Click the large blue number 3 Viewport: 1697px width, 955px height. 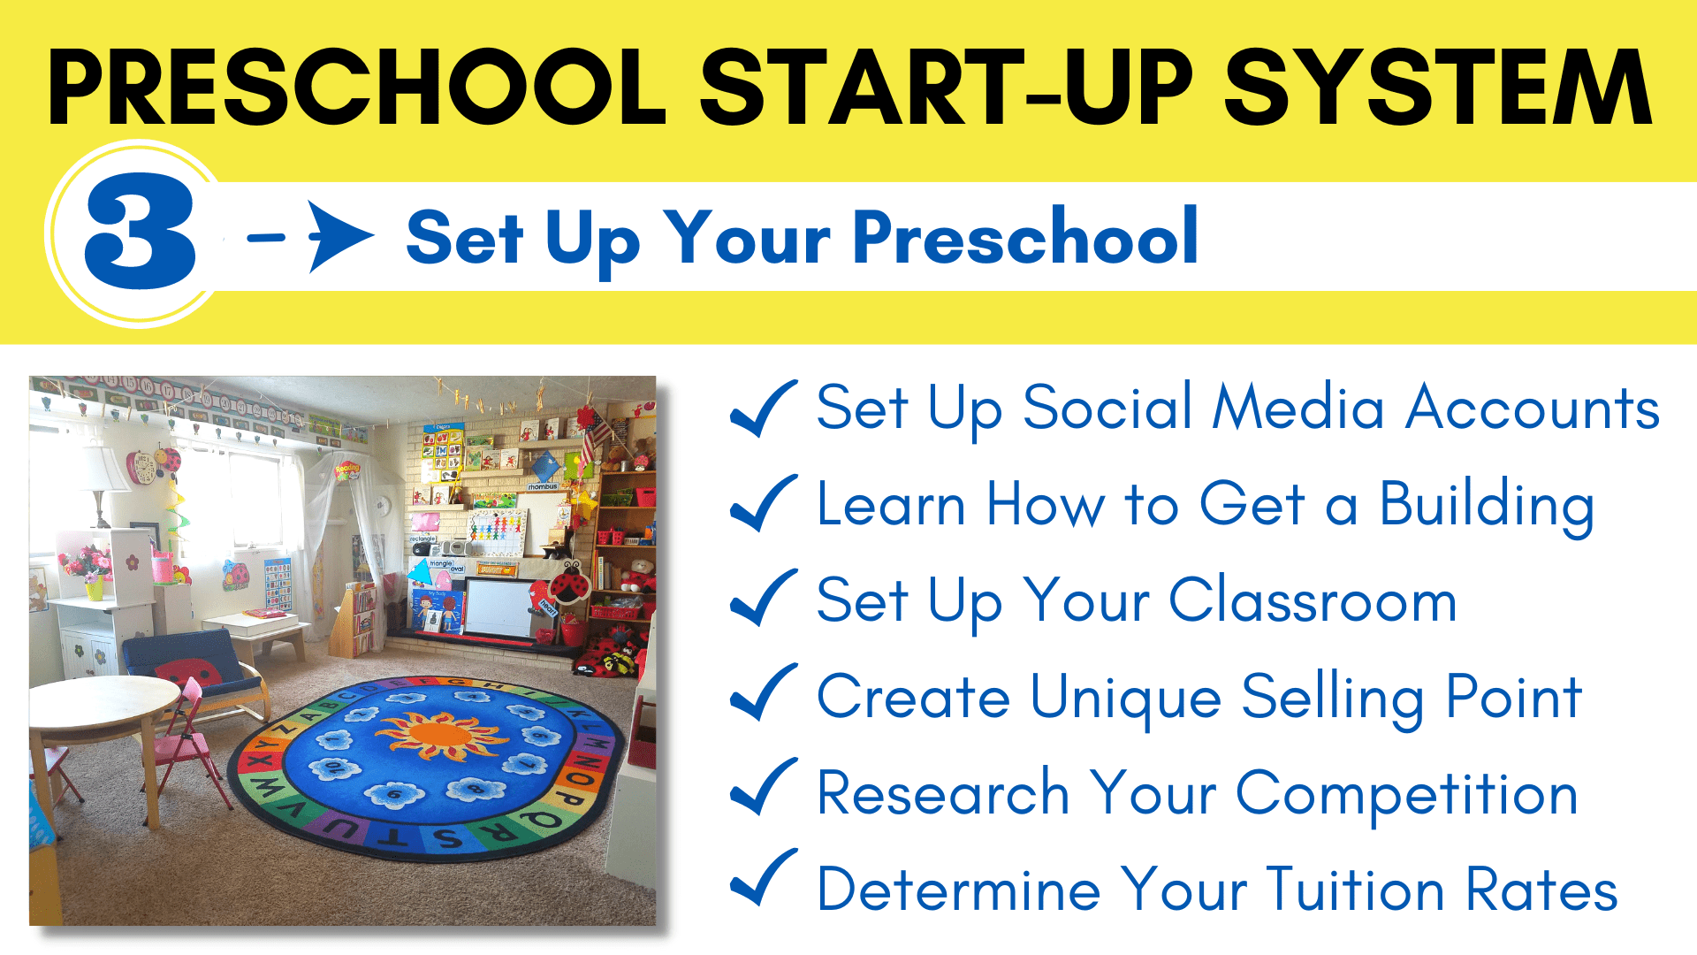point(140,232)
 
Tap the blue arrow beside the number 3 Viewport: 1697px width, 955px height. point(311,236)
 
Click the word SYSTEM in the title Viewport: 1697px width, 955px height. point(1438,87)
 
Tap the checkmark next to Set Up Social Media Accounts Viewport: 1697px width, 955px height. point(764,408)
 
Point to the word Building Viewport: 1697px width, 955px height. point(1487,506)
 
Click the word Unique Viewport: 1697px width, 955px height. point(1125,698)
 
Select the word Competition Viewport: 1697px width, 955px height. point(1406,794)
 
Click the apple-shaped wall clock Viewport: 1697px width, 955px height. point(141,466)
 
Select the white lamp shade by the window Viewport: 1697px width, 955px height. point(103,468)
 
